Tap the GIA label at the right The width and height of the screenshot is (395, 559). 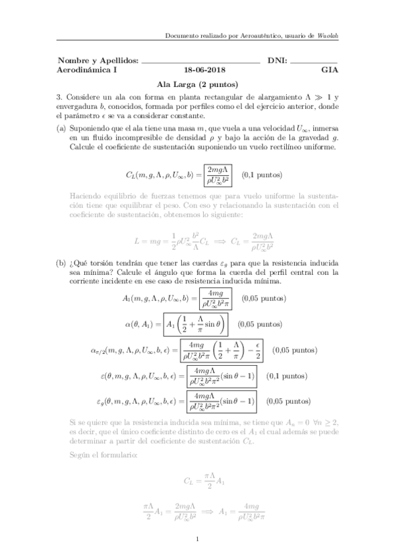(x=328, y=69)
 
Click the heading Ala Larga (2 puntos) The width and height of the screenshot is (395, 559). (x=197, y=84)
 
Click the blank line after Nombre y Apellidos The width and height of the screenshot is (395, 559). (x=201, y=61)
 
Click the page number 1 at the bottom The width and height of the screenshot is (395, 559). (x=197, y=541)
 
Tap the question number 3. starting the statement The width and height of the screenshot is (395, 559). (x=59, y=96)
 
